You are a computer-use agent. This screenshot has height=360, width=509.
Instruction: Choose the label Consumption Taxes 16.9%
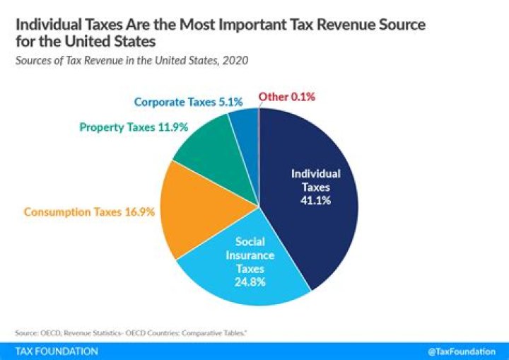tap(89, 211)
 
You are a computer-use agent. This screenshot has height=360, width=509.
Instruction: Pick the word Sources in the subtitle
tap(35, 60)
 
